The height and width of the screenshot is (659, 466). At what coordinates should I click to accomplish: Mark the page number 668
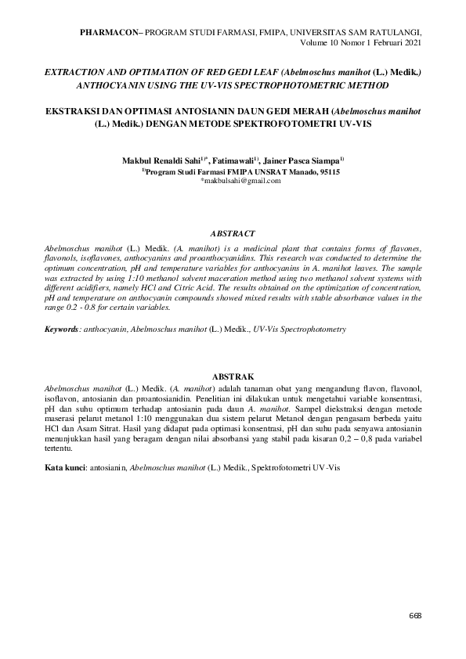tap(415, 615)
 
